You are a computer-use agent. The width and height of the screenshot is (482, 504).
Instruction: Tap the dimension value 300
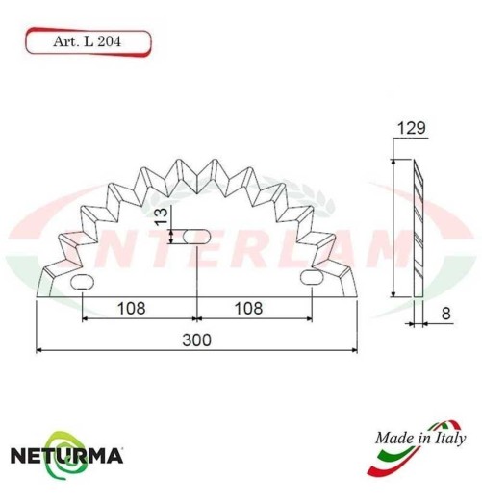click(196, 340)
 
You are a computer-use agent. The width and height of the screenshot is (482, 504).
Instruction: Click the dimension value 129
click(410, 129)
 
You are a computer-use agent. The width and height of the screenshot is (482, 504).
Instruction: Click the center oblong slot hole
click(196, 236)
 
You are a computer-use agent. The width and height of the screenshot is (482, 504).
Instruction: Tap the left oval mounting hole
click(83, 281)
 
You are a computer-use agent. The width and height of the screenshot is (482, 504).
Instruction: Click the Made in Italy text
click(415, 438)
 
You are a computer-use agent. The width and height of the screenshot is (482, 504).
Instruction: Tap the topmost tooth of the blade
click(196, 157)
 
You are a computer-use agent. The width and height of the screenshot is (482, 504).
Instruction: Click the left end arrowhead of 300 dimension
click(39, 350)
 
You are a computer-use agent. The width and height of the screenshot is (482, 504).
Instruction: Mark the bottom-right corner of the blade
click(356, 295)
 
